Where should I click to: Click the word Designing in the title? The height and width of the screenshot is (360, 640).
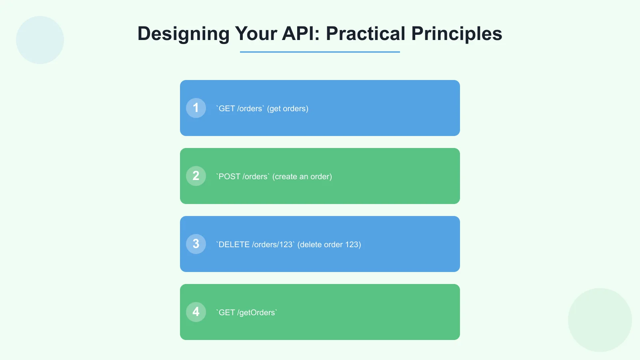coord(183,34)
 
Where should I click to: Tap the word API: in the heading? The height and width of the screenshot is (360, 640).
coord(301,34)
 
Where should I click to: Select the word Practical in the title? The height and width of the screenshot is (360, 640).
coord(366,34)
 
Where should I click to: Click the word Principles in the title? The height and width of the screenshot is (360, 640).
coord(456,34)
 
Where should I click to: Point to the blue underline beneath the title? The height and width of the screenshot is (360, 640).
coord(320,52)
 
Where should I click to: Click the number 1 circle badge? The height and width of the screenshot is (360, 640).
coord(196,108)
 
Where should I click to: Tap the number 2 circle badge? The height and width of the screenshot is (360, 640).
coord(196,176)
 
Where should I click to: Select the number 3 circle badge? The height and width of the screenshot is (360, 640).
coord(196,244)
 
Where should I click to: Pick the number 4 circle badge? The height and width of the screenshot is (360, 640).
coord(196,312)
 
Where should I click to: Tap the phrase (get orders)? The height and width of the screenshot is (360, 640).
coord(288,109)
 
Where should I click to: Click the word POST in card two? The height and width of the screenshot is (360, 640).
coord(229,177)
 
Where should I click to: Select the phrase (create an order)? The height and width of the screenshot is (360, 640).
coord(302,177)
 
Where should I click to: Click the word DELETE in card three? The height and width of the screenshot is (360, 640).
coord(234,245)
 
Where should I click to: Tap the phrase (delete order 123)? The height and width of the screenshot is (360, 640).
coord(329,245)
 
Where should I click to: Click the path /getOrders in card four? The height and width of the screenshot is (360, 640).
coord(256,313)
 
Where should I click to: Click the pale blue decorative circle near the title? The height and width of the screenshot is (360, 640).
coord(40,40)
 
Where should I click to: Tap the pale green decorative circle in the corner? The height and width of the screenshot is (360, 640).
coord(600,320)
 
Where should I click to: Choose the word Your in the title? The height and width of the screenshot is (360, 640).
coord(256,34)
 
